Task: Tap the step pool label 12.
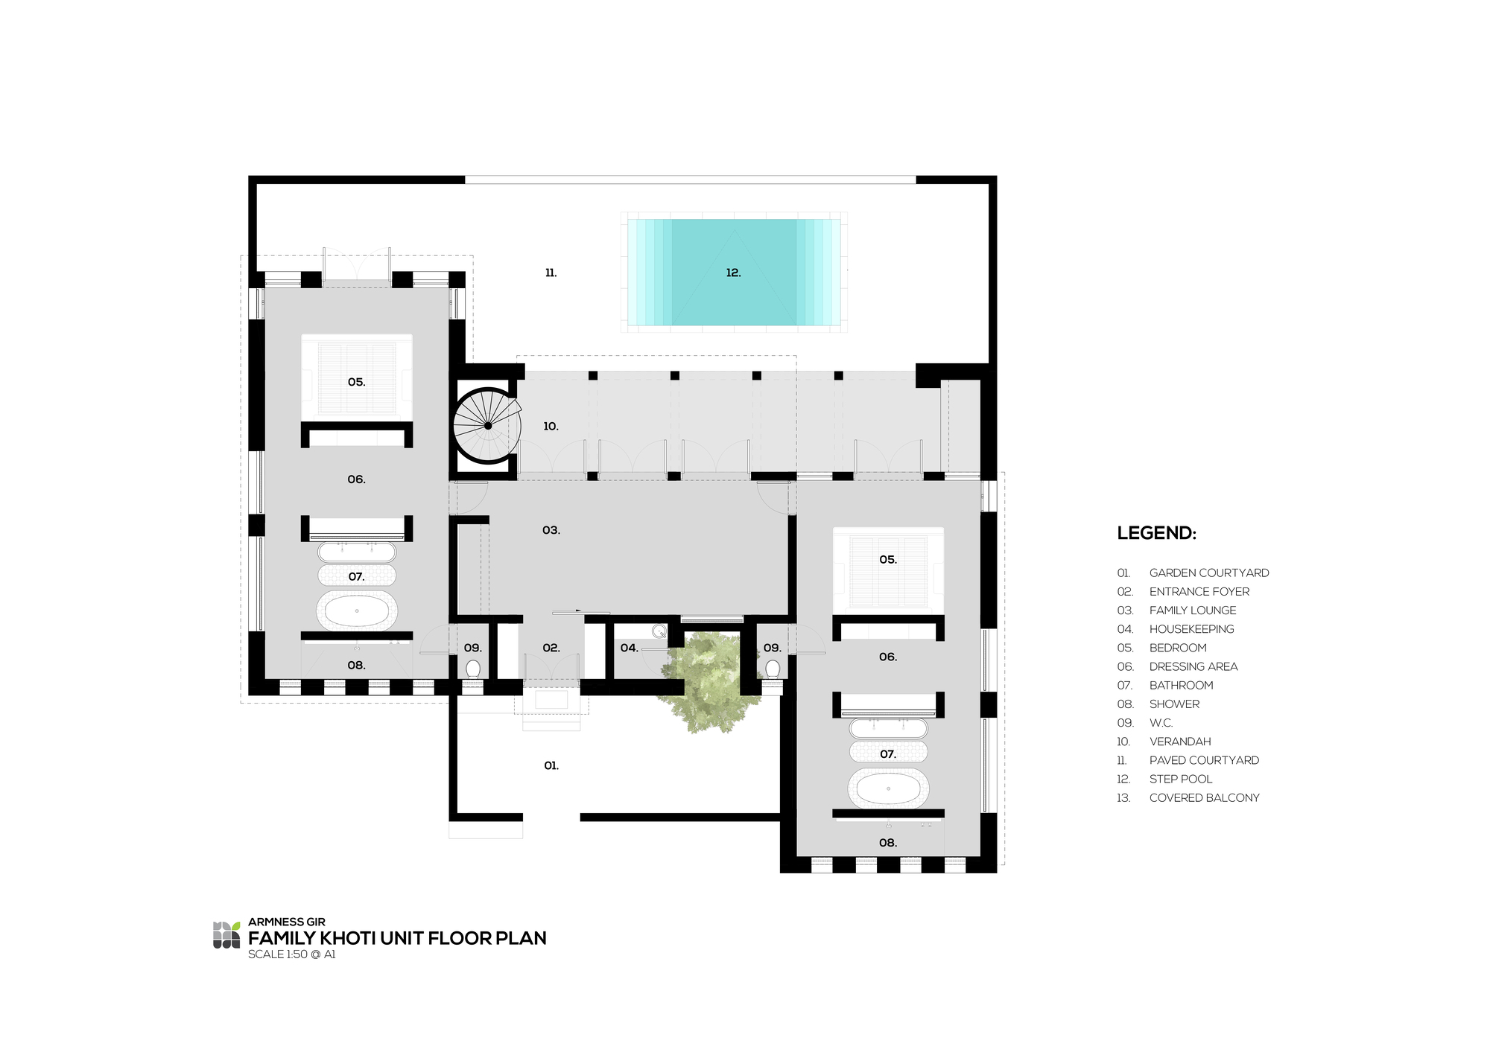tap(733, 273)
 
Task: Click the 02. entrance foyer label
tap(551, 648)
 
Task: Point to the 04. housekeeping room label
tap(630, 648)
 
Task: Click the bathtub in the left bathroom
tap(357, 611)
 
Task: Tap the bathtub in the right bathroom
tap(888, 788)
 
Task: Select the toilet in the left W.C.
tap(473, 669)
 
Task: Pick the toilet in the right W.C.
tap(773, 669)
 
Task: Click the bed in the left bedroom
tap(357, 376)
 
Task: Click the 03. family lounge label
tap(551, 531)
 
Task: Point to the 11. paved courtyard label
tap(551, 273)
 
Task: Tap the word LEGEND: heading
tap(1156, 533)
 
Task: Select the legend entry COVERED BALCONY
tap(1204, 798)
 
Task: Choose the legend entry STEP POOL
tap(1181, 780)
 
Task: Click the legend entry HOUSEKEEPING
tap(1191, 629)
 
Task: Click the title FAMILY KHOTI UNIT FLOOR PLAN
tap(397, 938)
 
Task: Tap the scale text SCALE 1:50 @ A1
tap(292, 954)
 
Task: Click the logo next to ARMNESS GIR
tap(226, 935)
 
